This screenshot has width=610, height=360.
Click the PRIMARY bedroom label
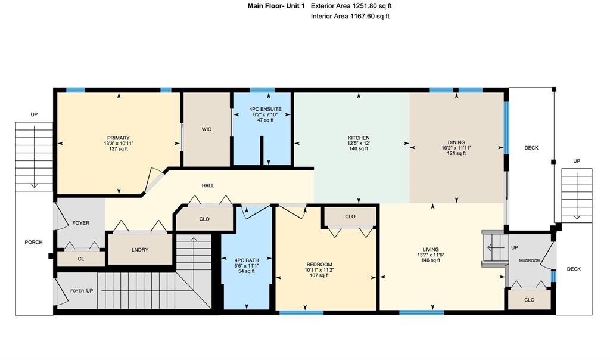pyautogui.click(x=119, y=138)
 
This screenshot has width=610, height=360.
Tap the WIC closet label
pyautogui.click(x=207, y=129)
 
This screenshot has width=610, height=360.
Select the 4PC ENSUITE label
pyautogui.click(x=265, y=109)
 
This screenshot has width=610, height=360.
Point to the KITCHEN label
pyautogui.click(x=359, y=138)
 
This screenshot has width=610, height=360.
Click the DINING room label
pyautogui.click(x=456, y=142)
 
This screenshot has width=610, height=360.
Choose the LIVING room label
pyautogui.click(x=431, y=250)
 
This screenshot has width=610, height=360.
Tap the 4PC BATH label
pyautogui.click(x=247, y=260)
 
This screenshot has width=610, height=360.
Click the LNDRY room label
pyautogui.click(x=140, y=250)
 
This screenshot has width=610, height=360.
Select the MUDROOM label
pyautogui.click(x=530, y=260)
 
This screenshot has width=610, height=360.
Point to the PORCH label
pyautogui.click(x=33, y=242)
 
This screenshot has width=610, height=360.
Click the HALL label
pyautogui.click(x=208, y=185)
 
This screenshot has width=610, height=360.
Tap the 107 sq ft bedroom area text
pyautogui.click(x=319, y=275)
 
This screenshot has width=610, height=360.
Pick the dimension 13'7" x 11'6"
pyautogui.click(x=431, y=255)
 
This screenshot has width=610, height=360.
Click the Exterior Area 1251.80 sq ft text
pyautogui.click(x=351, y=6)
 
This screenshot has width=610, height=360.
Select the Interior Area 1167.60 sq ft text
pyautogui.click(x=350, y=16)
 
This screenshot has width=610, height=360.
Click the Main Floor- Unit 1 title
pyautogui.click(x=276, y=6)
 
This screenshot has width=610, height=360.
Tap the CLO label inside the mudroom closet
pyautogui.click(x=530, y=300)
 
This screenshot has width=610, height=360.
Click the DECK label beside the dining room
pyautogui.click(x=531, y=148)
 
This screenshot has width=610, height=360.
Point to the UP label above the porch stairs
pyautogui.click(x=34, y=115)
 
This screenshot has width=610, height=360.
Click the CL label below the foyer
pyautogui.click(x=81, y=259)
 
